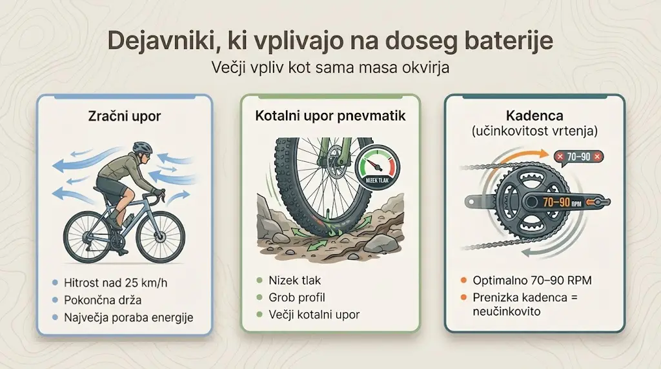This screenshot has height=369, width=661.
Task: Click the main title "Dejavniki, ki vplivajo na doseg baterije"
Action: pyautogui.click(x=330, y=41)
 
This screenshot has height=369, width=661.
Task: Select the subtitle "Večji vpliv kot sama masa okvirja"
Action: pyautogui.click(x=330, y=67)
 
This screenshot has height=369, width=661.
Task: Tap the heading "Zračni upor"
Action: pyautogui.click(x=124, y=117)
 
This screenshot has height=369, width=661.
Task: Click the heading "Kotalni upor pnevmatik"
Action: pyautogui.click(x=330, y=117)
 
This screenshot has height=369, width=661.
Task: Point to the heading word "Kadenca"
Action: pyautogui.click(x=534, y=116)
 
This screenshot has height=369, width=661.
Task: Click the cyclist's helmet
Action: pyautogui.click(x=141, y=148)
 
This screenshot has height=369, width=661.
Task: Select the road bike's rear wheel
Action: pyautogui.click(x=88, y=232)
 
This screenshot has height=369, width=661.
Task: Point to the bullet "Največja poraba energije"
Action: pyautogui.click(x=128, y=317)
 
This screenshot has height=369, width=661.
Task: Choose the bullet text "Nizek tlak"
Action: pyautogui.click(x=294, y=281)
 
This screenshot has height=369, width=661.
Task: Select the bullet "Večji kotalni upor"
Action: pyautogui.click(x=314, y=314)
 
